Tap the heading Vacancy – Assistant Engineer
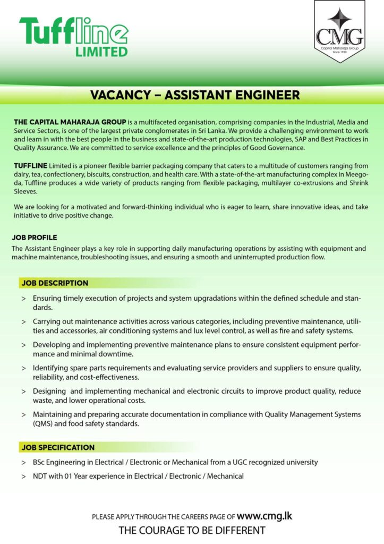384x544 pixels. (x=195, y=95)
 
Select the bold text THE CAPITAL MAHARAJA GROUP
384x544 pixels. (x=70, y=122)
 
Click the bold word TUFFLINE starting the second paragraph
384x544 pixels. (x=31, y=166)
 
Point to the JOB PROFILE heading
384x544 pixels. (x=34, y=237)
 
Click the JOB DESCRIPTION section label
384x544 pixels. (x=55, y=283)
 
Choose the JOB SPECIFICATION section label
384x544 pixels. (x=58, y=447)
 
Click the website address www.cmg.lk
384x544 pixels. (x=264, y=515)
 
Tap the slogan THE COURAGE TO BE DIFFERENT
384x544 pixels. (x=192, y=530)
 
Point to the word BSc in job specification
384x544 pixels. (x=39, y=462)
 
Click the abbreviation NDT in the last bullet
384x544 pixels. (x=40, y=476)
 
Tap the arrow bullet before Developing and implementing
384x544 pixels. (x=24, y=345)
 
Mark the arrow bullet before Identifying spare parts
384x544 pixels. (x=24, y=368)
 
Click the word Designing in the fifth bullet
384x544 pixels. (x=49, y=391)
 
